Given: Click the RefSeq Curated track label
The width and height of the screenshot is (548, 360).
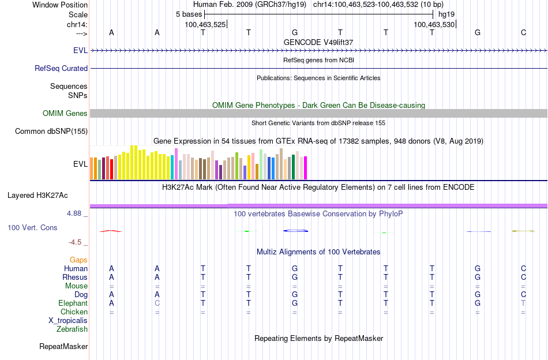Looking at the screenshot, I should [x=61, y=68].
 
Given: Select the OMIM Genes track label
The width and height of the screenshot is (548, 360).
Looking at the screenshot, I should [x=65, y=113].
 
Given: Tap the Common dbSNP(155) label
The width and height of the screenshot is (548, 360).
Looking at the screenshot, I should [x=51, y=132].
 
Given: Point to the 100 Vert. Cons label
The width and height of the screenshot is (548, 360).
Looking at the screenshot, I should [x=32, y=228].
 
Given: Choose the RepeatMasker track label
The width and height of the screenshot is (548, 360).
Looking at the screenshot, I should [x=63, y=347].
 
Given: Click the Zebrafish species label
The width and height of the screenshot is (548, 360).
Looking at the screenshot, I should [x=72, y=329].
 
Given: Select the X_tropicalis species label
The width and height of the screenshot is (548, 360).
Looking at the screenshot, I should [x=68, y=321].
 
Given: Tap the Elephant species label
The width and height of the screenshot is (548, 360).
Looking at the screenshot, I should [x=73, y=303].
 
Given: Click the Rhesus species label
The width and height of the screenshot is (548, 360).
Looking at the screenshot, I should [x=75, y=277].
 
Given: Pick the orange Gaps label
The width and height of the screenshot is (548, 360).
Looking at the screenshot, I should [x=78, y=260].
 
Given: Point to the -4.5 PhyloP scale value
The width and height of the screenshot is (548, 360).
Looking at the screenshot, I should [x=78, y=242].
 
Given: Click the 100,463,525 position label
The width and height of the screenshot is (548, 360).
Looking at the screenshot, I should [x=205, y=24].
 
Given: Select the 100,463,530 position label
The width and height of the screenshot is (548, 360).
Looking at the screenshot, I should [x=434, y=24].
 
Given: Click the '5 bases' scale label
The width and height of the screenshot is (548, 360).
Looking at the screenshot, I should [x=189, y=14].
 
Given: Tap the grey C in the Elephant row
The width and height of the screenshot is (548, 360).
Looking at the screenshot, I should [x=157, y=303].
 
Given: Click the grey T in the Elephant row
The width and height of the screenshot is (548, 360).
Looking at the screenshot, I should [x=523, y=303].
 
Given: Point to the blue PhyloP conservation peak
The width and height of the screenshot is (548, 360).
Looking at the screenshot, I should [x=296, y=231].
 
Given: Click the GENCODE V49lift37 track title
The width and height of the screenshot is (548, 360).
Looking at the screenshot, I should [x=318, y=43].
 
